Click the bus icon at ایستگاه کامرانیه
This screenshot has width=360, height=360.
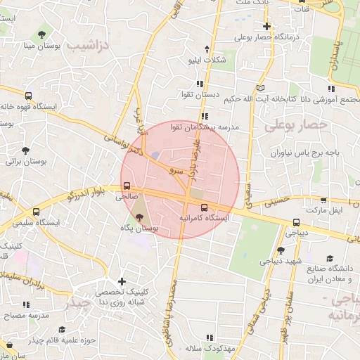pos(204,207)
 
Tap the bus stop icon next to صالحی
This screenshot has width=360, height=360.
pos(127,186)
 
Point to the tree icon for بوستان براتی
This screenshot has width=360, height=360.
pos(26,150)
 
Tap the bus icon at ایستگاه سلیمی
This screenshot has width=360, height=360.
pos(36,212)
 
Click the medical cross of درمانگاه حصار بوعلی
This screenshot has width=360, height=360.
pos(267,26)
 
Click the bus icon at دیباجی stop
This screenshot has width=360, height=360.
pos(296,223)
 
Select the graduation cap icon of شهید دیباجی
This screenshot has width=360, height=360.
pos(281,250)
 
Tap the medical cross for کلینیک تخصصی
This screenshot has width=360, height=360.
pos(122,281)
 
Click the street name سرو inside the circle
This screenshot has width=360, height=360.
pos(176,170)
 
